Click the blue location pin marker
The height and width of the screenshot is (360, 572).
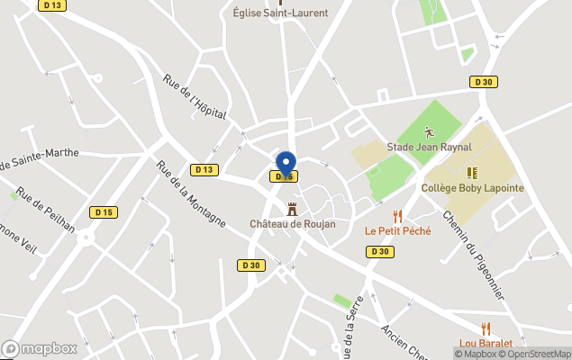point(286,166)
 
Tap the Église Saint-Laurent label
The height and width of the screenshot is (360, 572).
point(280,13)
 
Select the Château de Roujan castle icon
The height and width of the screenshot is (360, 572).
point(292,209)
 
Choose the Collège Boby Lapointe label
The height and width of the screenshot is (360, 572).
point(472,188)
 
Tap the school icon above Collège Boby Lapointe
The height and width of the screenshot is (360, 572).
point(472,172)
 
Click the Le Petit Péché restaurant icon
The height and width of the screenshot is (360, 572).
point(397,216)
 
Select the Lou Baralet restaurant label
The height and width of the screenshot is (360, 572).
point(486,343)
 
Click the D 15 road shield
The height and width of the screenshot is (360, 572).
point(104,212)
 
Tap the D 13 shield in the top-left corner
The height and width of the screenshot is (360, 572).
point(53,5)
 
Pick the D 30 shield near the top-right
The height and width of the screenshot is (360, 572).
point(484,82)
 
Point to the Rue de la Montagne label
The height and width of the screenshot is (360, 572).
point(190,194)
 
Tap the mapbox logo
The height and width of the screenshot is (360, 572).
point(40,348)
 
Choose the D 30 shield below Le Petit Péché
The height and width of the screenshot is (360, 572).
point(378,252)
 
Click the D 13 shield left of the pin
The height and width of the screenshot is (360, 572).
point(204,169)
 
